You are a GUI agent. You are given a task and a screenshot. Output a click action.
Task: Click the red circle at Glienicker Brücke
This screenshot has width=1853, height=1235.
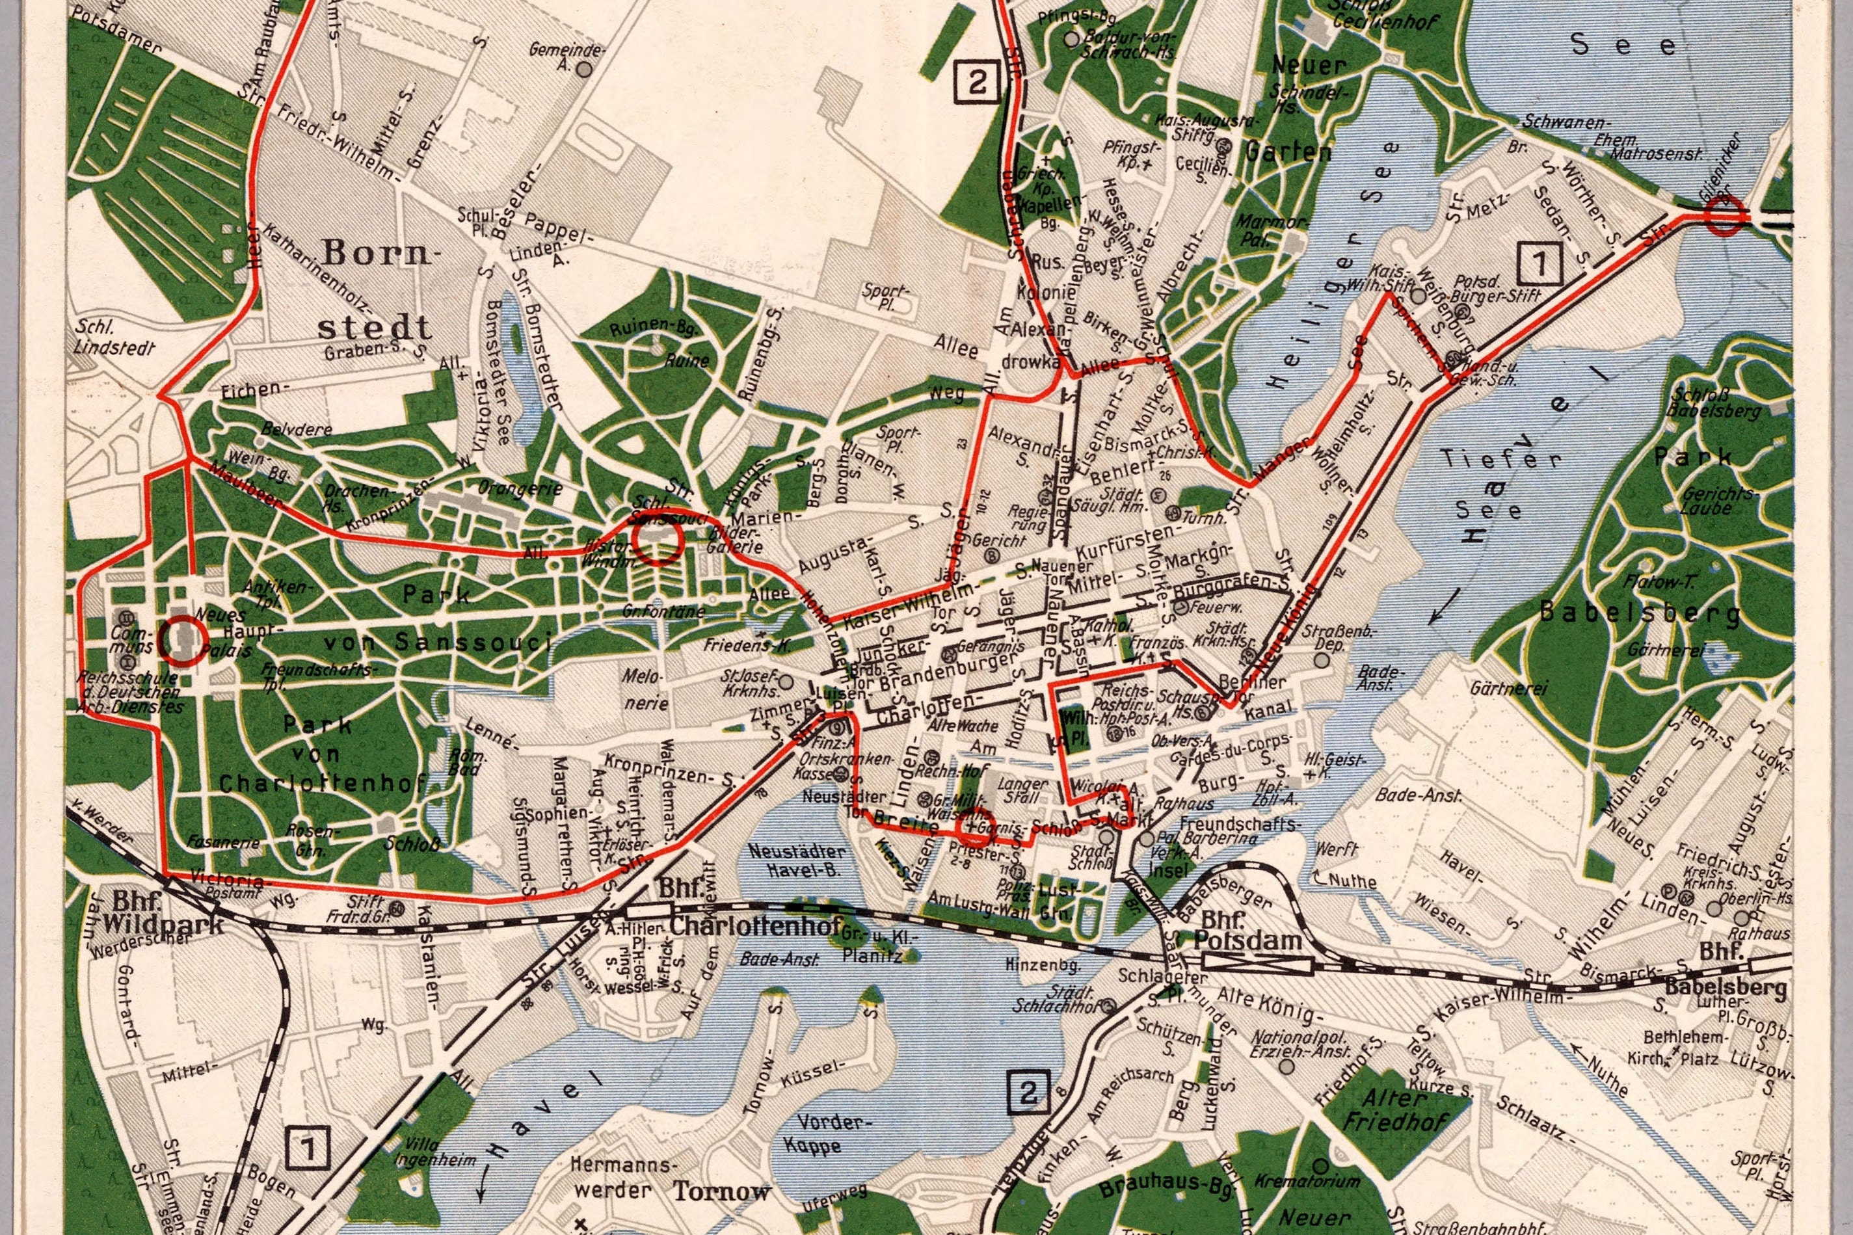click(x=1722, y=214)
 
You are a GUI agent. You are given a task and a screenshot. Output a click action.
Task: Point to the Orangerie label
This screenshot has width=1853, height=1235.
click(x=519, y=488)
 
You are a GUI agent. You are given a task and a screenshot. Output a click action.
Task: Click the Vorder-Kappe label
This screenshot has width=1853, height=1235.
click(x=829, y=1131)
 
